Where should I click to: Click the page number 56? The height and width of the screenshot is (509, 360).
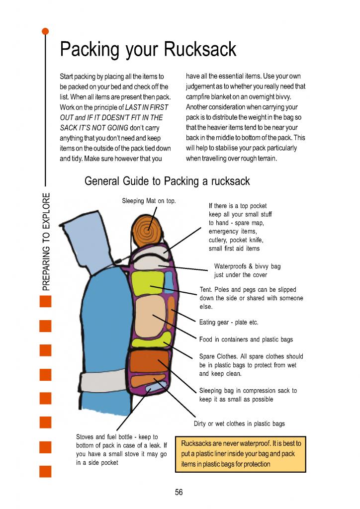pyautogui.click(x=179, y=492)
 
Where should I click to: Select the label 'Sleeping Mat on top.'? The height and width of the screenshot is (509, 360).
pyautogui.click(x=149, y=201)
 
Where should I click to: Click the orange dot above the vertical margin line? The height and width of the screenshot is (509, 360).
pyautogui.click(x=45, y=31)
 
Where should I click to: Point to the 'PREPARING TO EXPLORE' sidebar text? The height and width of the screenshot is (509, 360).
pyautogui.click(x=46, y=241)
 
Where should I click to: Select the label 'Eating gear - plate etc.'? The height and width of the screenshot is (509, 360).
pyautogui.click(x=229, y=322)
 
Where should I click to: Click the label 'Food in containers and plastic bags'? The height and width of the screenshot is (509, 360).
pyautogui.click(x=246, y=339)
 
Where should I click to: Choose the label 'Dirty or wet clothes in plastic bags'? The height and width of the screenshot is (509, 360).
pyautogui.click(x=239, y=424)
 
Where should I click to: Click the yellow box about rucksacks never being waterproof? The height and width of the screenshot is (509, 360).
pyautogui.click(x=240, y=454)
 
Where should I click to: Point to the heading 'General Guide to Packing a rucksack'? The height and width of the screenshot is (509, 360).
pyautogui.click(x=167, y=181)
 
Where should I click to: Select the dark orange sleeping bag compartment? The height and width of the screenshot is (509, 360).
pyautogui.click(x=148, y=361)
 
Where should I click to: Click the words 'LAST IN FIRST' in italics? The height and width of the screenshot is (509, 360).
pyautogui.click(x=147, y=107)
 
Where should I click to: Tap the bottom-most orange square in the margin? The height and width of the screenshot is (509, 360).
pyautogui.click(x=45, y=471)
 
